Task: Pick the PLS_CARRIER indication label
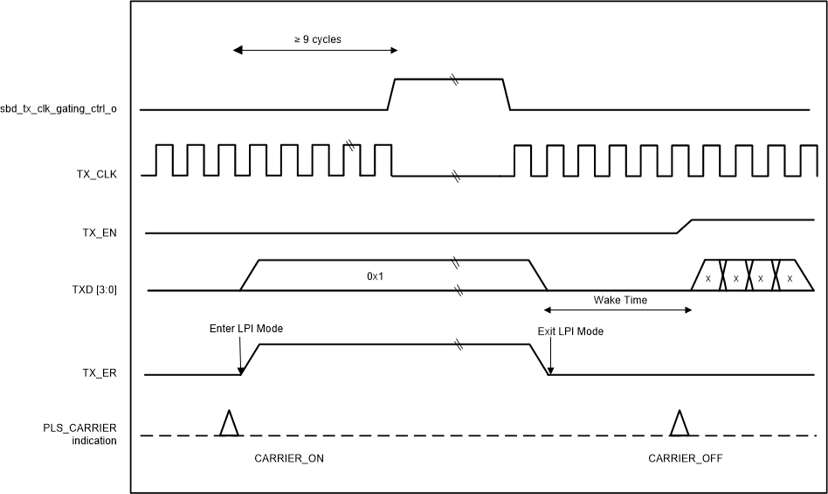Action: point(79,434)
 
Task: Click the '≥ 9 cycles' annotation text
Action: point(317,39)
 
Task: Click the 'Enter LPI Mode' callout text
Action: point(246,329)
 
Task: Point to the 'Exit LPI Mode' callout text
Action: point(569,331)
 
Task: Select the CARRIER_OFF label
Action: point(685,458)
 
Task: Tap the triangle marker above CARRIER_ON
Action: point(229,423)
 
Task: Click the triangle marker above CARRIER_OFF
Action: point(679,423)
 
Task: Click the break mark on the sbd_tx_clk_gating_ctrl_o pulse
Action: point(453,80)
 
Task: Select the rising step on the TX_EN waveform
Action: point(684,226)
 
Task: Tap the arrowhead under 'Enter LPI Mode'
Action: point(240,371)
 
